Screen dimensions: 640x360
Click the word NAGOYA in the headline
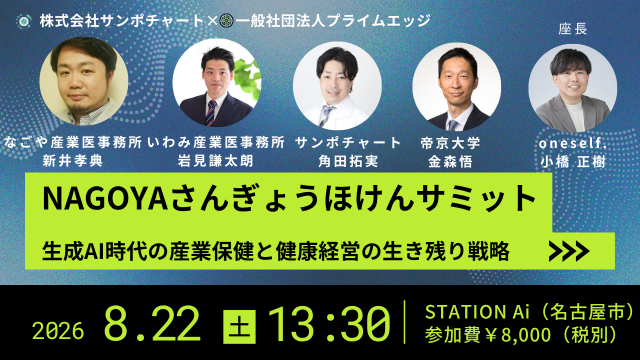[105, 198]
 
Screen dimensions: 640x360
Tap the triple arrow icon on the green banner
[569, 251]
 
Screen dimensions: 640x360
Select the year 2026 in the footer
[58, 331]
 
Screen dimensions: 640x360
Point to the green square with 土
[239, 326]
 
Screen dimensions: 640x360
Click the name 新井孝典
[72, 161]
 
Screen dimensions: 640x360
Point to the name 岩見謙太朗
[215, 161]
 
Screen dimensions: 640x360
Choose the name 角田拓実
[348, 161]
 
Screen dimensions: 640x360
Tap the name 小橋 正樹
[573, 162]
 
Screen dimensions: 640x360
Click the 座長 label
[572, 29]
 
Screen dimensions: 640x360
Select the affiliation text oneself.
[572, 143]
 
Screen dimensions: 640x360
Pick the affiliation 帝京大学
[450, 143]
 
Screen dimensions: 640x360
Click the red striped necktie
[211, 113]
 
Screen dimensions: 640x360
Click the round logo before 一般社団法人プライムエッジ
[226, 21]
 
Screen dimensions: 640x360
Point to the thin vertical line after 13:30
[404, 322]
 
